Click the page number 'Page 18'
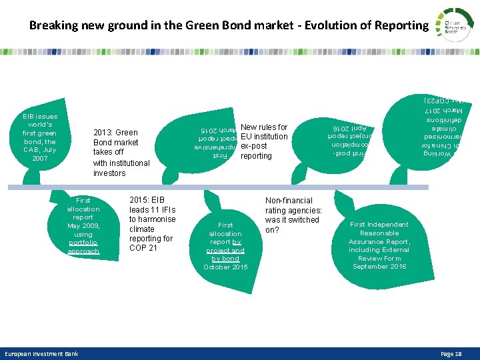click(451, 354)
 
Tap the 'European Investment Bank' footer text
click(41, 354)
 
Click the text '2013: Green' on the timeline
click(115, 132)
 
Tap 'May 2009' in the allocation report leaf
click(83, 226)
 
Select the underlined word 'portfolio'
click(83, 243)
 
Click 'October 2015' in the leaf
click(225, 267)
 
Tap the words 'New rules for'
click(264, 127)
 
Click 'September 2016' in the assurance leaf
click(379, 267)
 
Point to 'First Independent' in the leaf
click(379, 225)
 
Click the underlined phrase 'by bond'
click(225, 259)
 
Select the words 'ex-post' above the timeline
click(254, 146)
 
